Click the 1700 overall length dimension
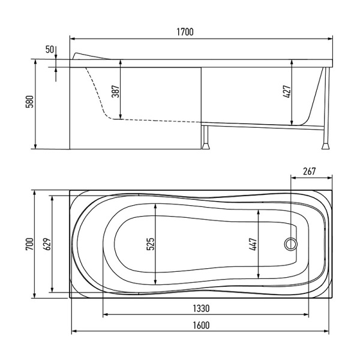point(185,32)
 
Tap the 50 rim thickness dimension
point(49,49)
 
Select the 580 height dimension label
point(30,101)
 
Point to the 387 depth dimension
point(115,91)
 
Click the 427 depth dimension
point(287,92)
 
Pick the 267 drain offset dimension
point(309,171)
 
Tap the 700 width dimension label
point(30,244)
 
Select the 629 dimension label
point(47,244)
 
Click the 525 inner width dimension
point(151,244)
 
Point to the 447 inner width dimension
point(253,244)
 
